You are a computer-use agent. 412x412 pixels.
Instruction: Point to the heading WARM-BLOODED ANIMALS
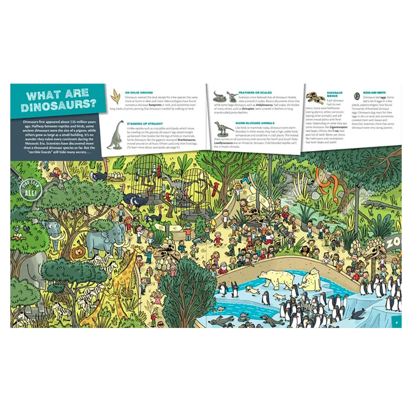coord(254,123)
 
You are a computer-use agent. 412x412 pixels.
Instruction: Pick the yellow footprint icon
coord(117,96)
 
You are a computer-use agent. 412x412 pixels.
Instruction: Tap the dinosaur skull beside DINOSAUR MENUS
coord(315,98)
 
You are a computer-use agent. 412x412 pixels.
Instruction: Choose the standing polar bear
coord(274,279)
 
